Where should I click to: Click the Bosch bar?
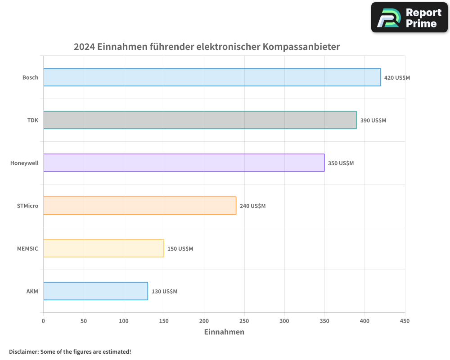(212, 77)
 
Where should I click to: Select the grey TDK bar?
(200, 120)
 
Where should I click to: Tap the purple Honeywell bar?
(184, 163)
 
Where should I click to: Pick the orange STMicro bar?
(139, 206)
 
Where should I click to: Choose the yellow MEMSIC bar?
(103, 248)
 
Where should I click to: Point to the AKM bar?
(95, 291)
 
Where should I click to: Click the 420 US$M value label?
(397, 77)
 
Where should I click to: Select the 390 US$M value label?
(373, 120)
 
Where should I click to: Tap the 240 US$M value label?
(252, 206)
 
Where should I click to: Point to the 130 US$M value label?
(164, 291)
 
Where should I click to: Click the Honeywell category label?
(24, 163)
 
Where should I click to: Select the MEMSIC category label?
(27, 248)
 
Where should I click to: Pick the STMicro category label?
(27, 206)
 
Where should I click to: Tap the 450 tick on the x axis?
(405, 321)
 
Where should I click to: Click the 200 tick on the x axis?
(204, 321)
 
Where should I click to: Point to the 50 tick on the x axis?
(83, 321)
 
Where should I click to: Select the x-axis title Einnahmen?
(224, 332)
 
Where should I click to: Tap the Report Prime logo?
(409, 18)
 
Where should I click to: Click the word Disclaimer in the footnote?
(23, 351)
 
